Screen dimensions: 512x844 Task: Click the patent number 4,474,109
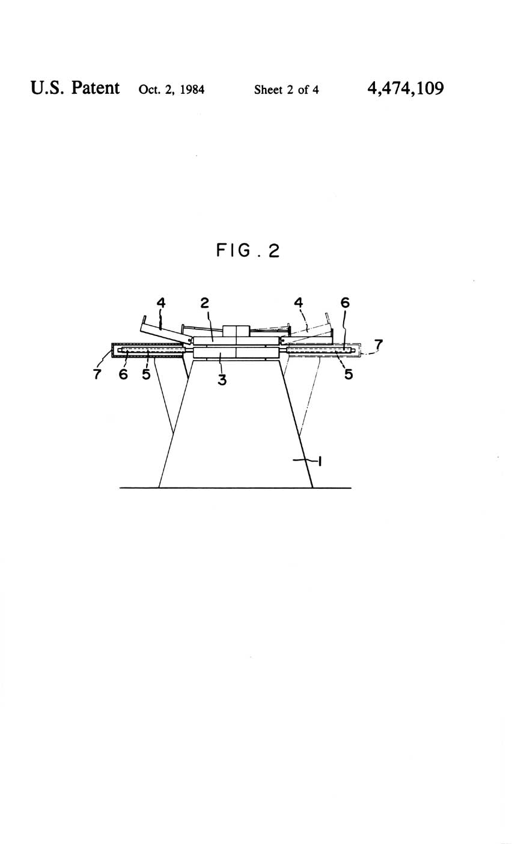(x=406, y=88)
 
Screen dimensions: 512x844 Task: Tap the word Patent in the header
(x=96, y=88)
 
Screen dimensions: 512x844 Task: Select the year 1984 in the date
(x=192, y=90)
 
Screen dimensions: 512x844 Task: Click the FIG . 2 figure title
(x=248, y=251)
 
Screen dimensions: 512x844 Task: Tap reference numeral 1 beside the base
(x=320, y=461)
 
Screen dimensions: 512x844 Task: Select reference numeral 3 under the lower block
(x=222, y=380)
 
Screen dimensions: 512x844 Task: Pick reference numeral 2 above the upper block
(x=204, y=302)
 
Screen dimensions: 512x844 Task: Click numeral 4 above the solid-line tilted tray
(x=161, y=302)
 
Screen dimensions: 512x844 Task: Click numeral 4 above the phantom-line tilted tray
(x=299, y=302)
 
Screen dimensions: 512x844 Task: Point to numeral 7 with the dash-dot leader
(x=378, y=344)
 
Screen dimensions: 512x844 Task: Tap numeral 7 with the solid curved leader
(x=97, y=374)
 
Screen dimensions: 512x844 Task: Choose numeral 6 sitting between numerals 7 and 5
(x=123, y=374)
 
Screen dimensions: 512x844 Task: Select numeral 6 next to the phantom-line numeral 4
(x=345, y=302)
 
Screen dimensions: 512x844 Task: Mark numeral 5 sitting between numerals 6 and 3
(x=146, y=374)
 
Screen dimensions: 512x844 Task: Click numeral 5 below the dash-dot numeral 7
(x=349, y=374)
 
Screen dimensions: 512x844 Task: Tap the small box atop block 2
(x=237, y=331)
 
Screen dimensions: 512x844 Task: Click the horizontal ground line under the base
(x=236, y=488)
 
